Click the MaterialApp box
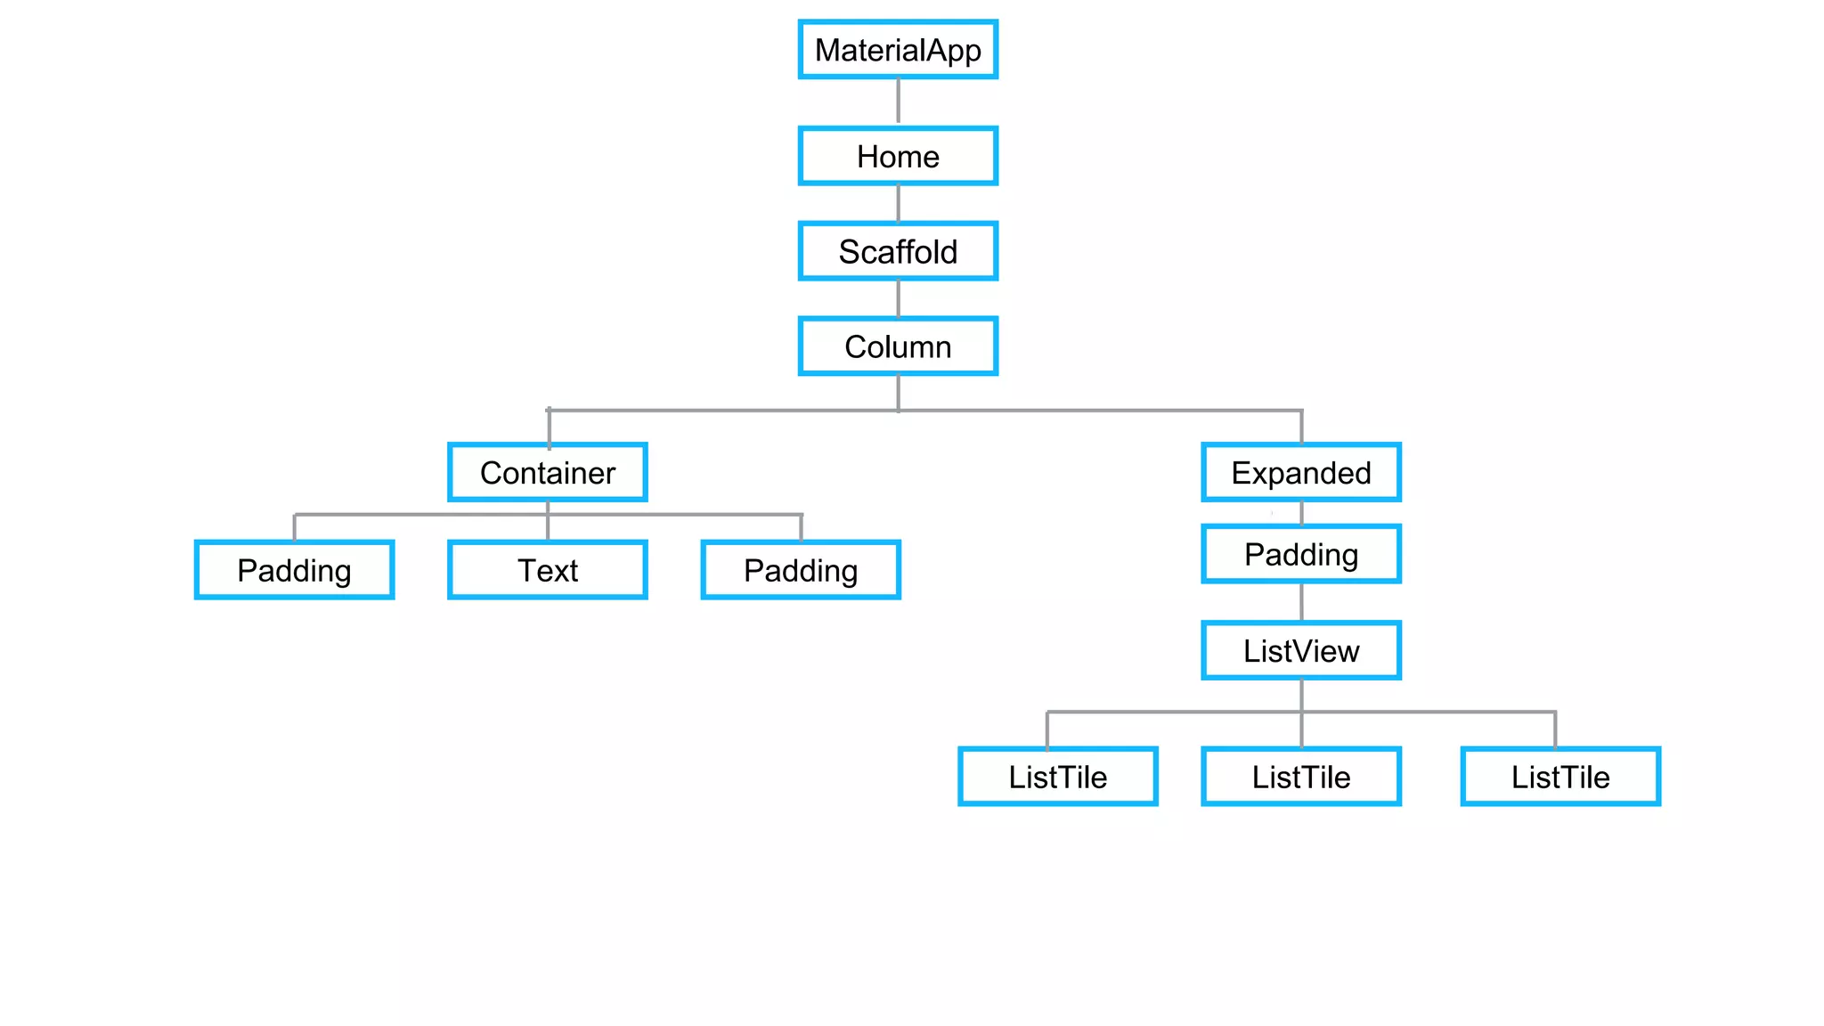pyautogui.click(x=898, y=50)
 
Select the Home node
pyautogui.click(x=898, y=157)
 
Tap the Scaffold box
pyautogui.click(x=898, y=251)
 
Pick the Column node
pyautogui.click(x=898, y=346)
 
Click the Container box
pyautogui.click(x=548, y=473)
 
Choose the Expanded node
pyautogui.click(x=1301, y=473)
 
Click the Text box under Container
pyautogui.click(x=548, y=570)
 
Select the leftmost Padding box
pyautogui.click(x=294, y=570)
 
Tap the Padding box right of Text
pyautogui.click(x=801, y=570)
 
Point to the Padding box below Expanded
pyautogui.click(x=1301, y=554)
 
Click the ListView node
pyautogui.click(x=1301, y=651)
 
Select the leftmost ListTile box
pyautogui.click(x=1057, y=777)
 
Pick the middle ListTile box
pyautogui.click(x=1301, y=777)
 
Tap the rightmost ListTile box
pyautogui.click(x=1560, y=777)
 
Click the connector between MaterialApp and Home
pyautogui.click(x=898, y=102)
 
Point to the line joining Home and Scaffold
pyautogui.click(x=898, y=203)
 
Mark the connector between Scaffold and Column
pyautogui.click(x=898, y=298)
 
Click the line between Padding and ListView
pyautogui.click(x=1301, y=602)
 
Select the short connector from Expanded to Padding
pyautogui.click(x=1301, y=513)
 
